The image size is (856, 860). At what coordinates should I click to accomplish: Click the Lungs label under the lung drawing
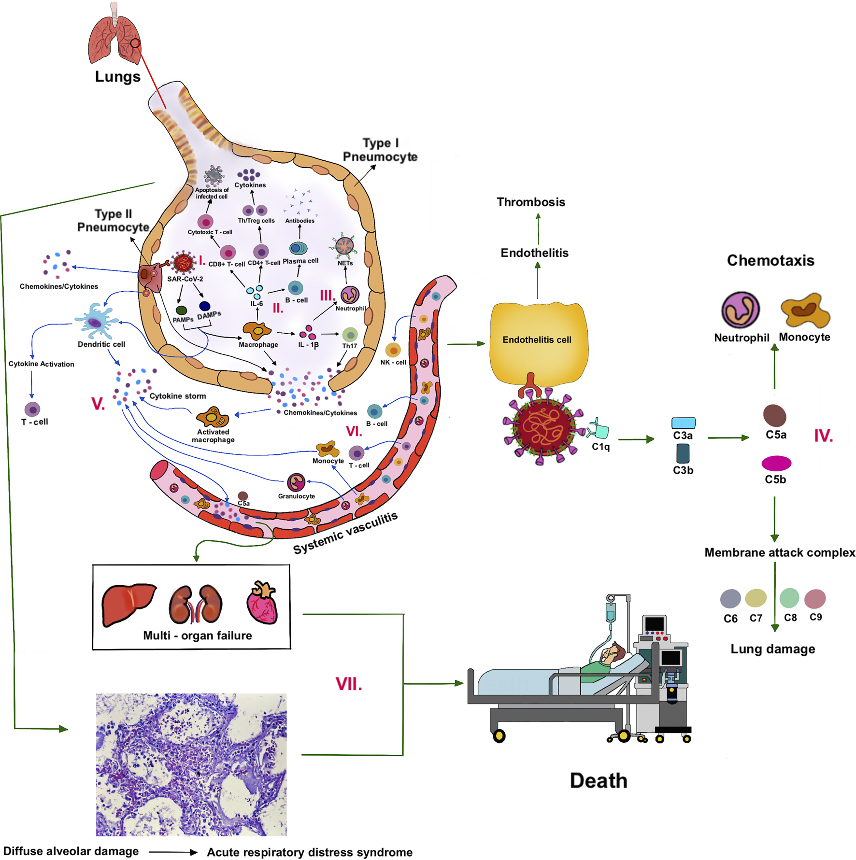click(117, 77)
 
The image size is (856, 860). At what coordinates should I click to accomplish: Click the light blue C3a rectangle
click(683, 423)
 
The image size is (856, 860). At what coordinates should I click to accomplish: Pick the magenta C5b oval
click(776, 463)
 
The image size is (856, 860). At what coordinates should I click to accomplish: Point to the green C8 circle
click(789, 598)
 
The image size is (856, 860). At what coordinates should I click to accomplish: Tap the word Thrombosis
click(530, 202)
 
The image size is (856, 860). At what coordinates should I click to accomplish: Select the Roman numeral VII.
click(348, 684)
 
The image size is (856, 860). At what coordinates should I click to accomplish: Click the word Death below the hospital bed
click(598, 780)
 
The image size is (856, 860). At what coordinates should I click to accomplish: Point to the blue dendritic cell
click(96, 321)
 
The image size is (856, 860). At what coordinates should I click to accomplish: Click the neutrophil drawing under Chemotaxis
click(740, 310)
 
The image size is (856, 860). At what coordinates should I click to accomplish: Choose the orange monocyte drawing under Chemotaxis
click(804, 310)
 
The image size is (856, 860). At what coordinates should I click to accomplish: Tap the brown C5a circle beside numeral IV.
click(774, 415)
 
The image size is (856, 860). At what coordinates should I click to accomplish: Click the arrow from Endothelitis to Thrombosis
click(538, 229)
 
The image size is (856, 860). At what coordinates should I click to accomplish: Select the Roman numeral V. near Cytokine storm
click(98, 404)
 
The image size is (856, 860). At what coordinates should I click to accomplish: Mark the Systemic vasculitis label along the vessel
click(345, 533)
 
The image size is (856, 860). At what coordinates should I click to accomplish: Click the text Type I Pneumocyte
click(380, 150)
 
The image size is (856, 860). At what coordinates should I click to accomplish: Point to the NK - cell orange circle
click(393, 350)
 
